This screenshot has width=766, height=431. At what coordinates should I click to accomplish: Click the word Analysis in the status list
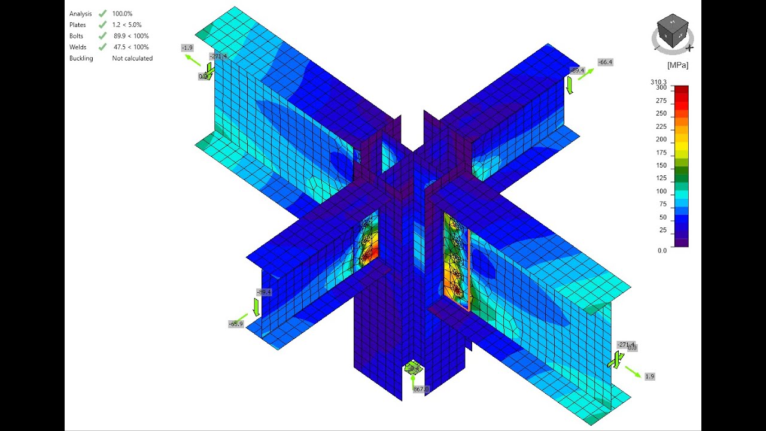[81, 14]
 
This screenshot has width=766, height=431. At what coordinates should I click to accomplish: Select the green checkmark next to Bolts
[102, 36]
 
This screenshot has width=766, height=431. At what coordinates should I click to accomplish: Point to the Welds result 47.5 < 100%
[131, 47]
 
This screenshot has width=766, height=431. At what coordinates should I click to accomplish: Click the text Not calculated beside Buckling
[132, 59]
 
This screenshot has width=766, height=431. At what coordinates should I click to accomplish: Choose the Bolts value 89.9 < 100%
[131, 36]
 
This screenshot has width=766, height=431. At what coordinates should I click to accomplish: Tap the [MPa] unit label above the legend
[677, 65]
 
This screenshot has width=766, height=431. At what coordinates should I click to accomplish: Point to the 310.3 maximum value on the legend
[658, 82]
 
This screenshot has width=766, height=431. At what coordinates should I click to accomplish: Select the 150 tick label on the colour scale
[661, 166]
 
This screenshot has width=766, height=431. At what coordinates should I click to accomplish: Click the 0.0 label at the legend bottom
[662, 250]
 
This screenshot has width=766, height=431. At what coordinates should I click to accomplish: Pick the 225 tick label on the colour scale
[661, 126]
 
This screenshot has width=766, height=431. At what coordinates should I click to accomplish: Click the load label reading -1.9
[187, 47]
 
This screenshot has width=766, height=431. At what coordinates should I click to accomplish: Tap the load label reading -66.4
[605, 62]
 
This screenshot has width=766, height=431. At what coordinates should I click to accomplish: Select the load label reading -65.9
[236, 324]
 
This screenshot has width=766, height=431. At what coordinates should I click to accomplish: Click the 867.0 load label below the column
[421, 389]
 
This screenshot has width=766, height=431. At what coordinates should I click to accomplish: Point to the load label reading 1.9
[649, 377]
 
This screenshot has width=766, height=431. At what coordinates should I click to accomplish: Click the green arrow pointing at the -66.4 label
[586, 74]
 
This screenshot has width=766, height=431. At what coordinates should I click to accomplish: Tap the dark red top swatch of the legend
[681, 89]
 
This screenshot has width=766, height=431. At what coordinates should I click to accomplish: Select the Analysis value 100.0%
[122, 14]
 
